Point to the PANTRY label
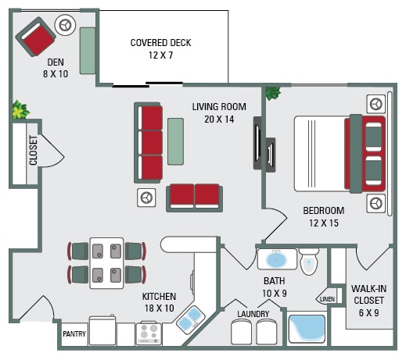pos(74,334)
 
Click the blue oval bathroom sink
pos(277,258)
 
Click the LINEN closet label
pos(326,298)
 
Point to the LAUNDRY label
pos(253,314)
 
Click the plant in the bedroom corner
pos(272,94)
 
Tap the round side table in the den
pos(65,26)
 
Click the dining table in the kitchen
pos(107,262)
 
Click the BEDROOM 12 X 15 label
pos(324,216)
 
